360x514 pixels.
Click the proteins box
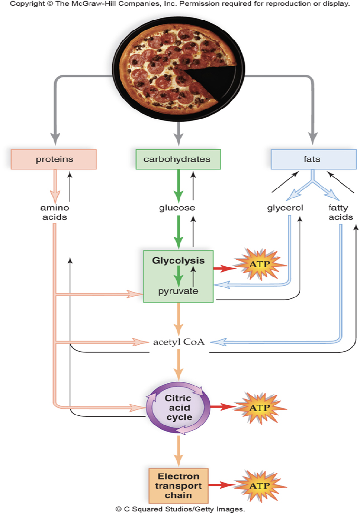(x=54, y=159)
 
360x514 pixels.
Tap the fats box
(x=313, y=159)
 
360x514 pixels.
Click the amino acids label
(x=54, y=213)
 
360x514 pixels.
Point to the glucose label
(x=177, y=208)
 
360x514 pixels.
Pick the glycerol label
(x=285, y=208)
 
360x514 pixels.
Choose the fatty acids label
(x=340, y=213)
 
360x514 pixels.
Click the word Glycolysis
(x=178, y=260)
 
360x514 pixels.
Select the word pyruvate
(x=178, y=291)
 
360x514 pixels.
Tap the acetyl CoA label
(x=179, y=342)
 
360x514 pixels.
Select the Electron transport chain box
(x=179, y=485)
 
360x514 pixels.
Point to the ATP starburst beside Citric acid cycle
(x=260, y=408)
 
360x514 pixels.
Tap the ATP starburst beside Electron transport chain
(x=260, y=486)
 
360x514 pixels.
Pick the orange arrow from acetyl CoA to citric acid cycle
(x=179, y=367)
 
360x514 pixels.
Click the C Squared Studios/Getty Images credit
(x=180, y=509)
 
